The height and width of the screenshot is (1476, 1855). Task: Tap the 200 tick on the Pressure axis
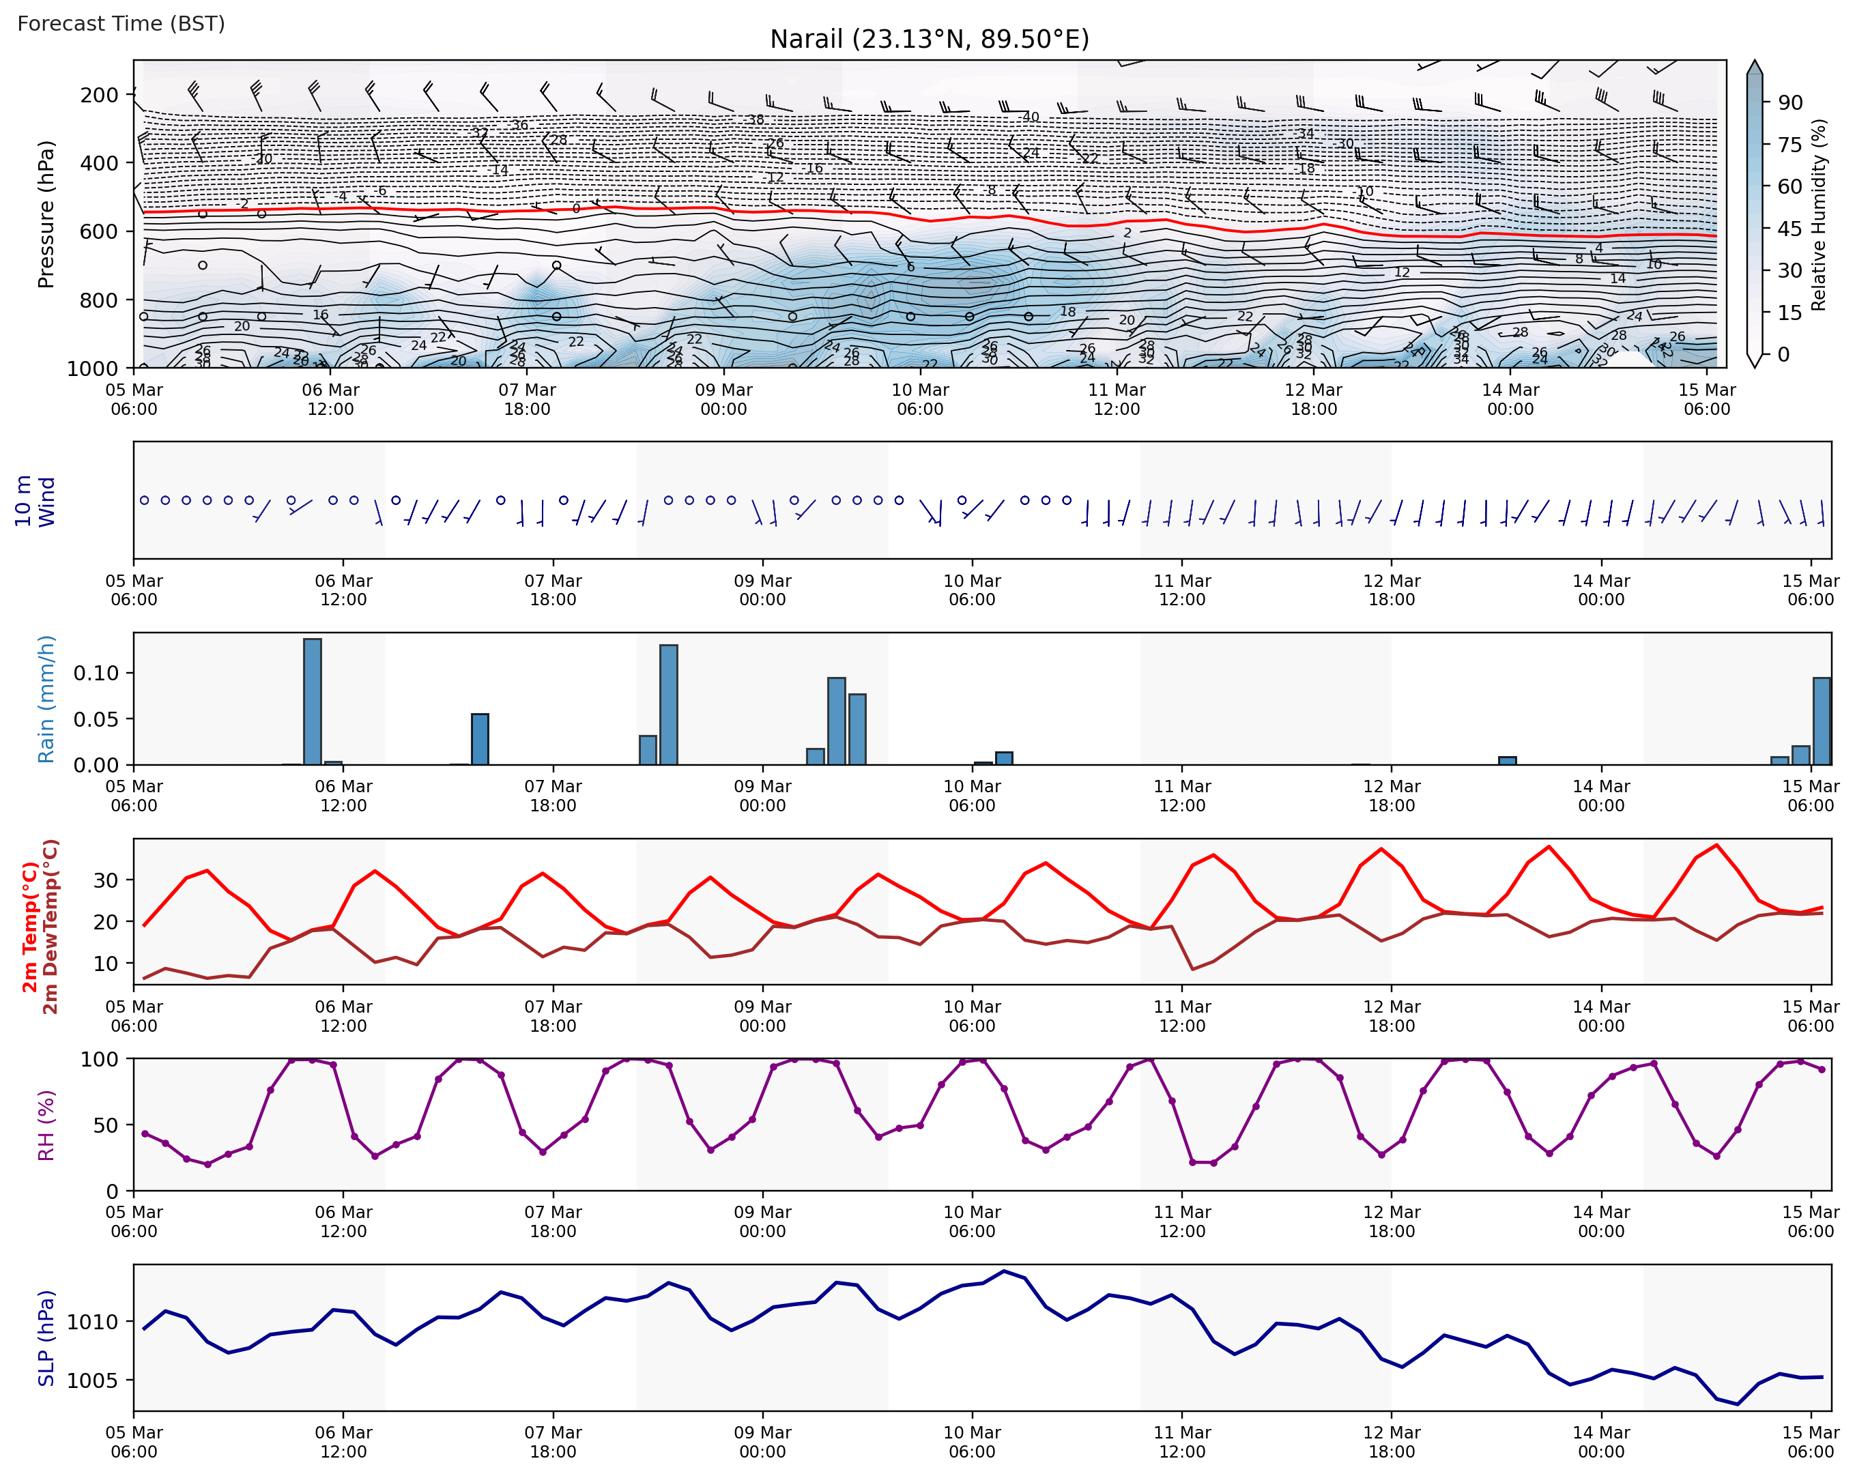pos(99,95)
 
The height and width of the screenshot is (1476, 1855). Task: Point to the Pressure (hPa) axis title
pos(46,214)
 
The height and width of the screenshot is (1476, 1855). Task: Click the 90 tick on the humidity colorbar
pos(1789,103)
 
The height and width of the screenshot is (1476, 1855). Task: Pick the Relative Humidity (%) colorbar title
pos(1818,215)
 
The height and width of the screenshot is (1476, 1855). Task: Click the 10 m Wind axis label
pos(34,501)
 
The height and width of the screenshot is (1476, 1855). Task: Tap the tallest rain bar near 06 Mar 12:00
pos(313,701)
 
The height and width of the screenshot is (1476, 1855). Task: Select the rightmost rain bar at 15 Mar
pos(1822,721)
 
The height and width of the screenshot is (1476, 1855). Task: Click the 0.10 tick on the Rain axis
pos(96,674)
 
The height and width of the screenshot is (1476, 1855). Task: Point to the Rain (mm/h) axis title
pos(46,699)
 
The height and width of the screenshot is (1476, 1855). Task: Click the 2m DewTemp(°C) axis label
pos(51,927)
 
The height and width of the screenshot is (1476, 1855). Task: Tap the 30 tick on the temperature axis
pos(105,880)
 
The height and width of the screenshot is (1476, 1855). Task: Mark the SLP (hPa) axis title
pos(46,1338)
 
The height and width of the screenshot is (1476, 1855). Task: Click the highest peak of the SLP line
pos(1003,1271)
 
